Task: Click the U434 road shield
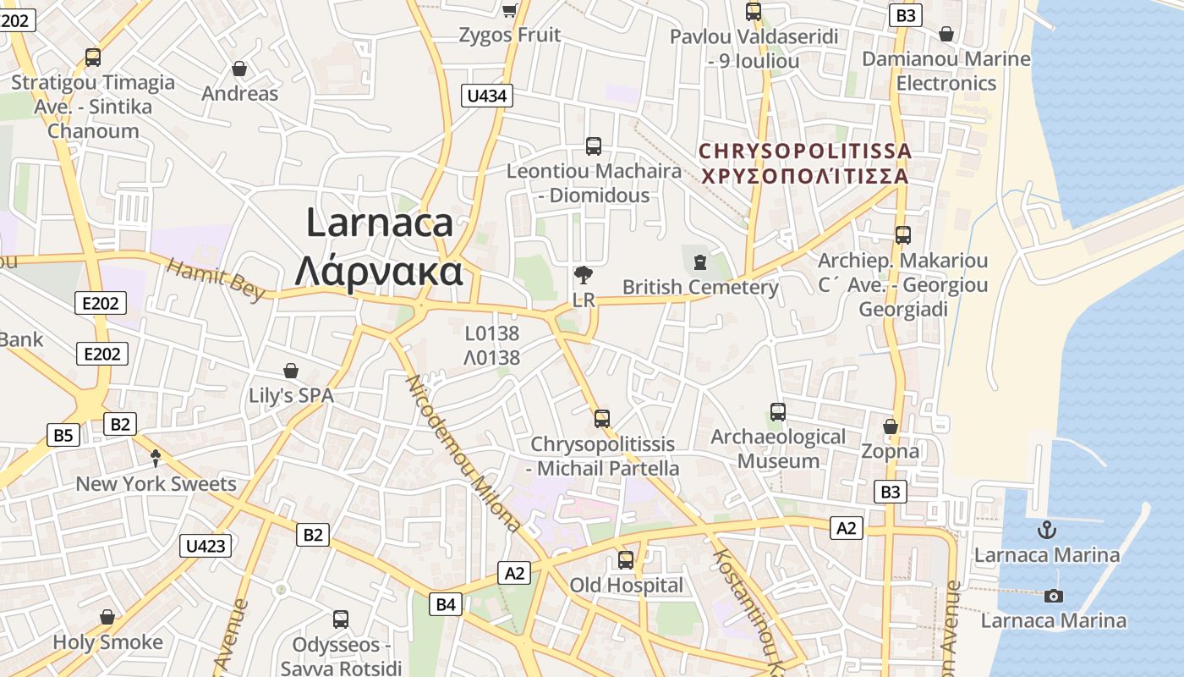[x=487, y=96]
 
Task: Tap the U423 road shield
[x=206, y=545]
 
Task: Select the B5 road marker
[x=63, y=436]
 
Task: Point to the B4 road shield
[x=446, y=604]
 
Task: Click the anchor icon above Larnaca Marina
[x=1047, y=531]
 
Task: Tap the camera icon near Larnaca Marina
[x=1053, y=596]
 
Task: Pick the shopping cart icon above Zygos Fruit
[x=509, y=10]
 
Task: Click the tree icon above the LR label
[x=583, y=274]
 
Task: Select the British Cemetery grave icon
[x=699, y=262]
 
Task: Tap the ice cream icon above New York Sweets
[x=156, y=459]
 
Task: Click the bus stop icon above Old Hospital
[x=626, y=559]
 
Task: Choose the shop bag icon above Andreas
[x=239, y=69]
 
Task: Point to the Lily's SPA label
[x=291, y=395]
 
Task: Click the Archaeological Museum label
[x=778, y=449]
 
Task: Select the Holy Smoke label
[x=107, y=642]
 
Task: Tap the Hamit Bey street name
[x=217, y=278]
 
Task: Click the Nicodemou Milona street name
[x=464, y=452]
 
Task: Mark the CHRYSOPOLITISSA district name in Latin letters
[x=805, y=151]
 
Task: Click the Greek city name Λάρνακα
[x=379, y=272]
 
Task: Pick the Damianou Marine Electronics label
[x=946, y=71]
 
